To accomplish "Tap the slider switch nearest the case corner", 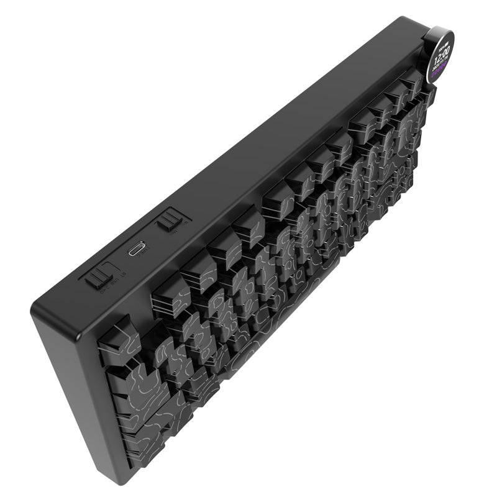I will pyautogui.click(x=96, y=278).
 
